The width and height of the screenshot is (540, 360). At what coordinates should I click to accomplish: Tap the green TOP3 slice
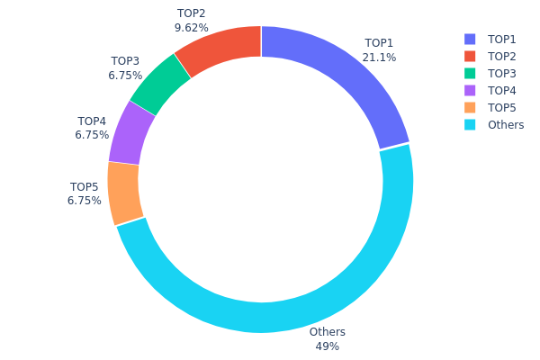159,85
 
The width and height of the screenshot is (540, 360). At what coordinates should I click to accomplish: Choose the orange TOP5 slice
125,193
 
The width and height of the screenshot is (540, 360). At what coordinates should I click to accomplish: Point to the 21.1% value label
379,57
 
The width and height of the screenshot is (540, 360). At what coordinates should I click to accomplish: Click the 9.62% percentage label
191,28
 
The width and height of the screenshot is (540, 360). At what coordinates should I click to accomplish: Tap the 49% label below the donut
327,346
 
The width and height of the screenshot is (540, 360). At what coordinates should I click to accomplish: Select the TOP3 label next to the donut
124,61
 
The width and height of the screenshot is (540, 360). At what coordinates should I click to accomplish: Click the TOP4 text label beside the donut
92,121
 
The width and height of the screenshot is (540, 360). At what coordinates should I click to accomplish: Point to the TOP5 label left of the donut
85,187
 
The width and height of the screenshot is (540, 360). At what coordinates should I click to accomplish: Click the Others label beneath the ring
327,332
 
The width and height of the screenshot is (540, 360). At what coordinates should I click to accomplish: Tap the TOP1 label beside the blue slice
379,42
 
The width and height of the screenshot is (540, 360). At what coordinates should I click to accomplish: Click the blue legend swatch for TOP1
470,40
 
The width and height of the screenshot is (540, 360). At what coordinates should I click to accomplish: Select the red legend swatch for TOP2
470,57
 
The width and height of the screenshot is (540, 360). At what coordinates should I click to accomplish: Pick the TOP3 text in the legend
502,74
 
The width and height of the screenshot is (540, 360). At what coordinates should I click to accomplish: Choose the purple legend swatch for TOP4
470,91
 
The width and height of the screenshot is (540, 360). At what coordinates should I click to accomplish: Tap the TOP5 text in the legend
502,108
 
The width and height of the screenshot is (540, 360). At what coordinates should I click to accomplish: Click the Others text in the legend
506,125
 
